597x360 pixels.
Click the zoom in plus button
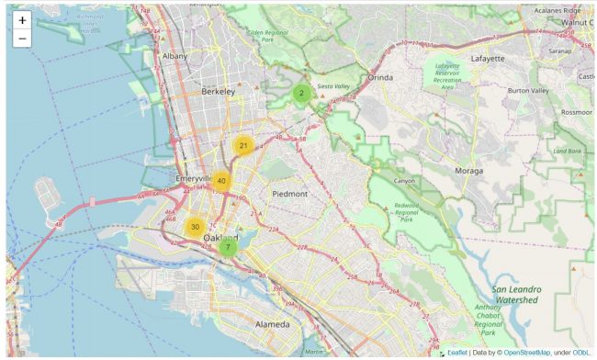point(22,20)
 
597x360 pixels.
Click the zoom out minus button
point(22,39)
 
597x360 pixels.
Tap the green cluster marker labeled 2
point(302,94)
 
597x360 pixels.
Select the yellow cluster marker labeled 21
point(243,146)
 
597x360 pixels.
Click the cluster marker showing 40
point(221,181)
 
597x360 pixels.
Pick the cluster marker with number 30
point(195,227)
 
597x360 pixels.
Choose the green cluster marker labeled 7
point(228,246)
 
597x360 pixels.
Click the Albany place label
point(175,56)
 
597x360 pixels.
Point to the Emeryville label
point(195,178)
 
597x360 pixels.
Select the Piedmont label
point(289,195)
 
